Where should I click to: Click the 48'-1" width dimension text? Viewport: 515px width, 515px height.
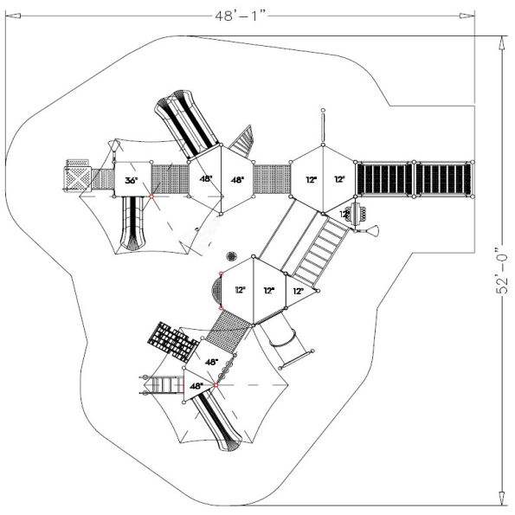(x=245, y=14)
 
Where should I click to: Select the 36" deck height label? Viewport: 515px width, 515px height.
(x=131, y=181)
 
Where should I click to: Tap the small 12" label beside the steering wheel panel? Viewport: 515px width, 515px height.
(x=344, y=214)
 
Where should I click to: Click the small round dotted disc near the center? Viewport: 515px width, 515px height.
(x=231, y=256)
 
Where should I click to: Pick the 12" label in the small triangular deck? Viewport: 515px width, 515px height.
(x=298, y=292)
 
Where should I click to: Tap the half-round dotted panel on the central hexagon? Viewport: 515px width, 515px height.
(x=215, y=291)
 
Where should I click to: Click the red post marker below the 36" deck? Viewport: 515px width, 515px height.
(x=152, y=197)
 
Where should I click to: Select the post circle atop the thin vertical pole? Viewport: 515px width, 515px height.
(x=323, y=111)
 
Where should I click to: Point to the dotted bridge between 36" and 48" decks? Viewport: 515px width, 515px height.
(x=170, y=179)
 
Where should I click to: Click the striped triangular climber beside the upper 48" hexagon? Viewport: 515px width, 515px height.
(x=244, y=138)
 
